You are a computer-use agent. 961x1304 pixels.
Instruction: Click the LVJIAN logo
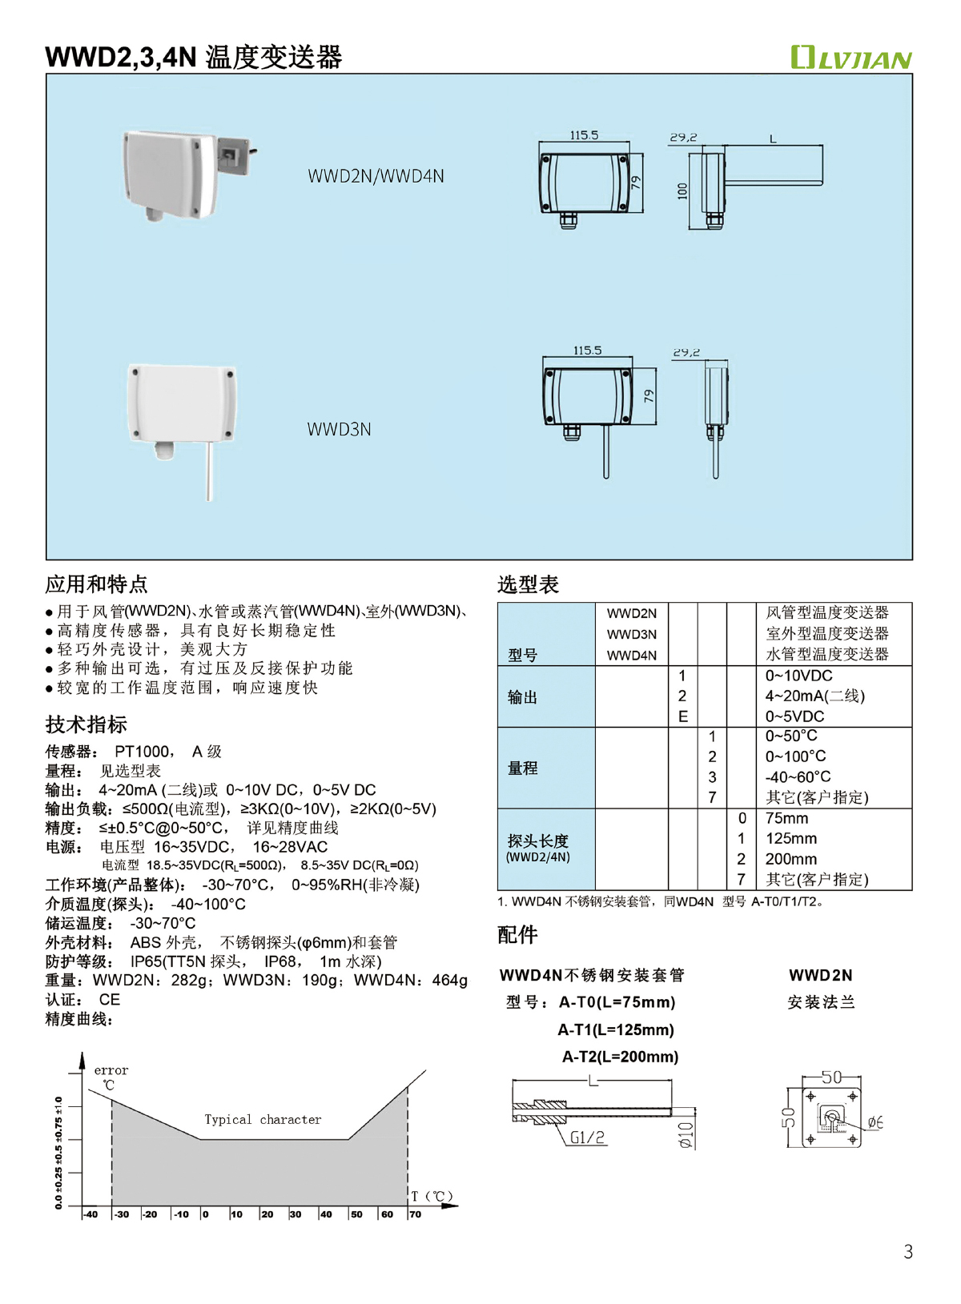(x=850, y=58)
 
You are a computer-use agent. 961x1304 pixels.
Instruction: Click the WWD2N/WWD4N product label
(x=376, y=177)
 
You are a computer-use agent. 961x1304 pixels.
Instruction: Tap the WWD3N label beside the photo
(x=339, y=430)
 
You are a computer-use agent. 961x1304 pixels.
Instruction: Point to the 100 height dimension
(x=682, y=191)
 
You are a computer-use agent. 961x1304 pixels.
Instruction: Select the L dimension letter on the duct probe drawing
(x=773, y=139)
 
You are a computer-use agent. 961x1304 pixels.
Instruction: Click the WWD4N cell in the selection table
(x=631, y=656)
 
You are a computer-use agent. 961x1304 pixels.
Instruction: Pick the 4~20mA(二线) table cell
(x=814, y=696)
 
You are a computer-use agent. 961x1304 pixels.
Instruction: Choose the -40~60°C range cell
(x=798, y=777)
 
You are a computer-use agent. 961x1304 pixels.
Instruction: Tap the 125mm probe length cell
(x=790, y=839)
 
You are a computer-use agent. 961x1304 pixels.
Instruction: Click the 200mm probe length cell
(x=790, y=859)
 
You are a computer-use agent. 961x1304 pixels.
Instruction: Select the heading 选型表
(x=528, y=584)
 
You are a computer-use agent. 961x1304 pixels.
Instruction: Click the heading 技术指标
(x=86, y=725)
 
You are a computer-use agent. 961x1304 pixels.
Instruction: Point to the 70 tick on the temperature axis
(x=415, y=1214)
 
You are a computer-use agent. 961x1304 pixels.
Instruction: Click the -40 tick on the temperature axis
(x=90, y=1214)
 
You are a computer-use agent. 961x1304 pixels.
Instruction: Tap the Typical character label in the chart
(x=263, y=1120)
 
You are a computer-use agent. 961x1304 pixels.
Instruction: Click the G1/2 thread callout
(x=587, y=1137)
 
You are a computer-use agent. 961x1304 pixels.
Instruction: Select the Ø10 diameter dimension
(x=686, y=1135)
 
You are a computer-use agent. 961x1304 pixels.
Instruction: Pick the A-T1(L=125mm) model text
(x=616, y=1030)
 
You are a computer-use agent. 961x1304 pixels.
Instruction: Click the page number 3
(x=908, y=1252)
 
